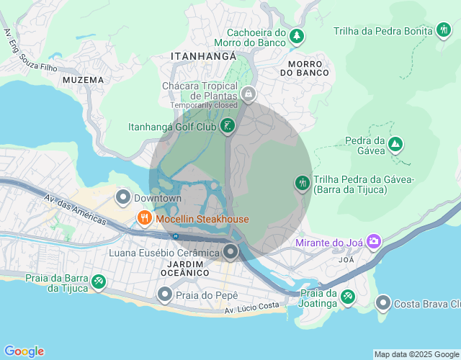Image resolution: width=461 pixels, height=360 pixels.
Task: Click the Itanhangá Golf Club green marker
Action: tap(228, 127)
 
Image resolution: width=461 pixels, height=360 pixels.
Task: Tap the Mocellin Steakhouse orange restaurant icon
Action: tap(144, 219)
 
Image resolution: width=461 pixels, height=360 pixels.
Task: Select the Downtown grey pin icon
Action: tap(123, 197)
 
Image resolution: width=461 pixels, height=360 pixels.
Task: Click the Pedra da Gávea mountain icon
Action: tap(395, 145)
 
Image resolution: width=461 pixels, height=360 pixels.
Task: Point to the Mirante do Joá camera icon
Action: tap(374, 241)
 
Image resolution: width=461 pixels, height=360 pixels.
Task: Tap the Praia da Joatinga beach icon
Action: tap(348, 296)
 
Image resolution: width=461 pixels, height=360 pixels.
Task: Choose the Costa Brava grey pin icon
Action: tap(383, 303)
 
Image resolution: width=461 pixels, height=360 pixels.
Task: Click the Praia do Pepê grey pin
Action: tap(165, 294)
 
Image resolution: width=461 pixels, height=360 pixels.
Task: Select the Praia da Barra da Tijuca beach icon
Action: tap(99, 282)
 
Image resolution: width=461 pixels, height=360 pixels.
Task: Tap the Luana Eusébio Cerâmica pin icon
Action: tap(230, 252)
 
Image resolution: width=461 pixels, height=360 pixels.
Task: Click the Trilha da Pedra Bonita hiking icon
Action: tap(444, 30)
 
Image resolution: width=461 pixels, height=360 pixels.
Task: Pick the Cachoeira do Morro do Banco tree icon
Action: tap(296, 35)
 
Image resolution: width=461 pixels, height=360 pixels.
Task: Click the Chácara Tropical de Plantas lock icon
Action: tap(249, 94)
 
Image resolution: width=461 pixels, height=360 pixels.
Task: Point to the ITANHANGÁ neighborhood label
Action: tap(204, 55)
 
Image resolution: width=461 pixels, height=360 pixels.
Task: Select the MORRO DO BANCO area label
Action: tap(304, 68)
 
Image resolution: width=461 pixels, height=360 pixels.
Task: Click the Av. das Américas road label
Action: tap(74, 210)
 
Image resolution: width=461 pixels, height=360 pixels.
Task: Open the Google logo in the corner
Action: tap(24, 351)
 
